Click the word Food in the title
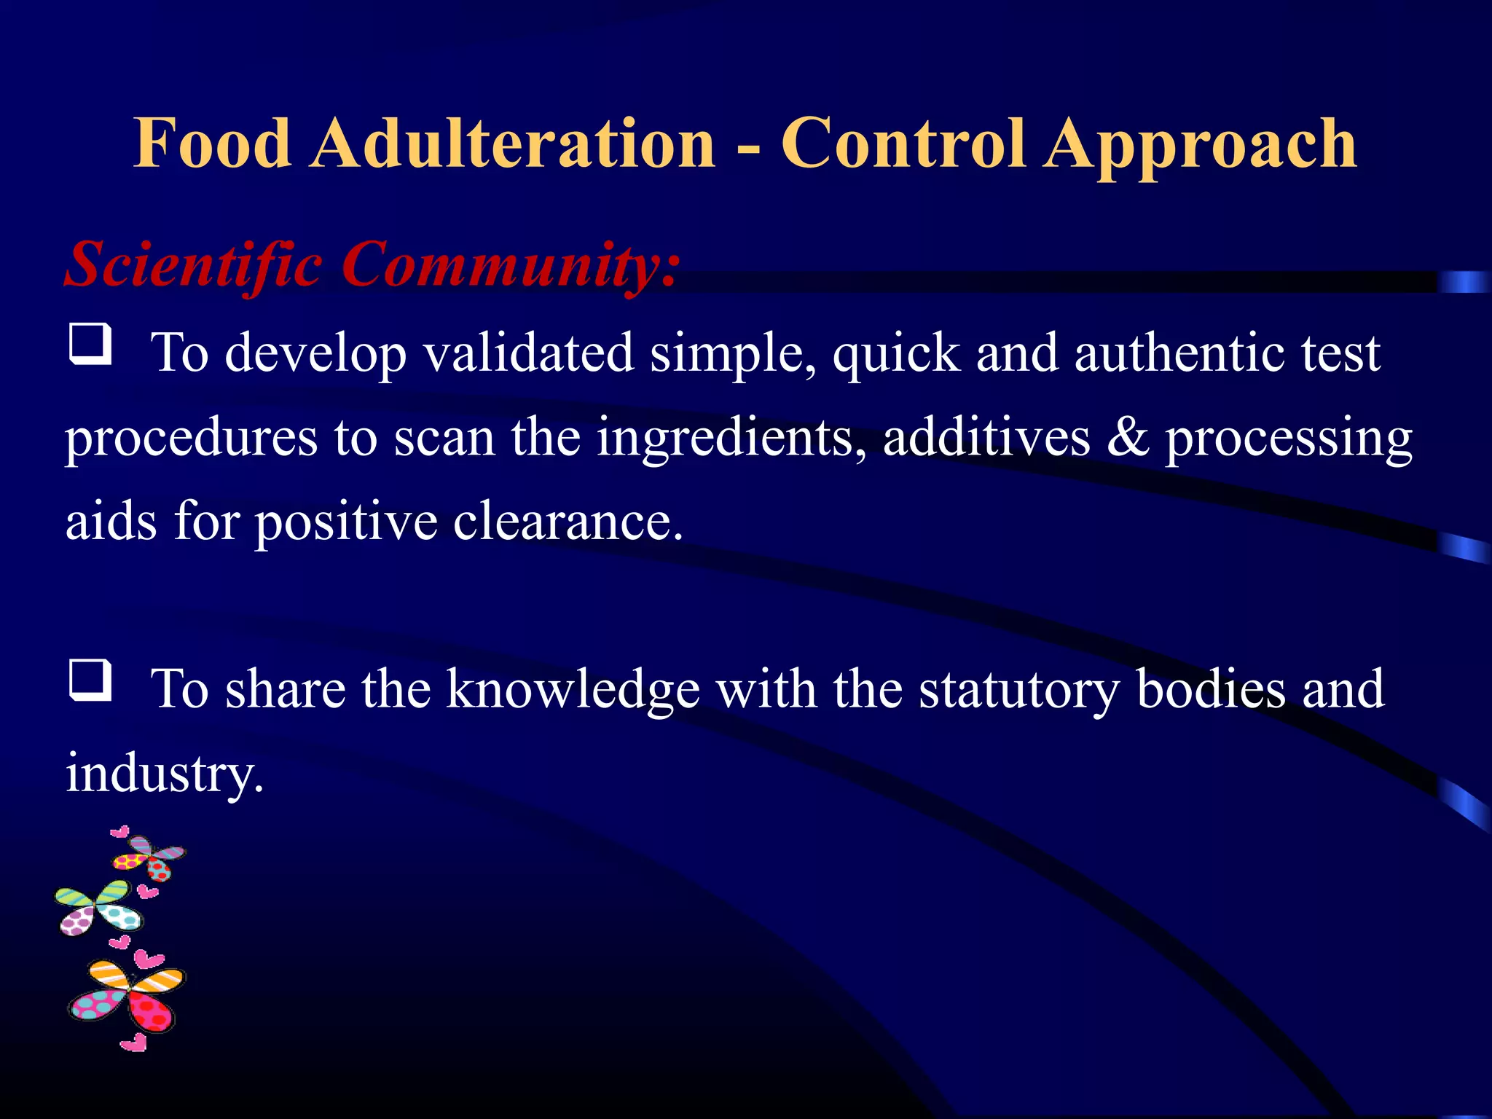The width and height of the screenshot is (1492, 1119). click(x=212, y=144)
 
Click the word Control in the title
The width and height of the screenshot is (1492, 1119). click(x=904, y=144)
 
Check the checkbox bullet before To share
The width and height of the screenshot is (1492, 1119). click(x=90, y=680)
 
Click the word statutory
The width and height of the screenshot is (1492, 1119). click(x=1018, y=691)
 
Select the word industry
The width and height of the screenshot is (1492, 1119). click(x=164, y=774)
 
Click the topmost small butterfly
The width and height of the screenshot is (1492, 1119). click(x=149, y=856)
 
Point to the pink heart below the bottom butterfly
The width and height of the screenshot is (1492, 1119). click(x=134, y=1043)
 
